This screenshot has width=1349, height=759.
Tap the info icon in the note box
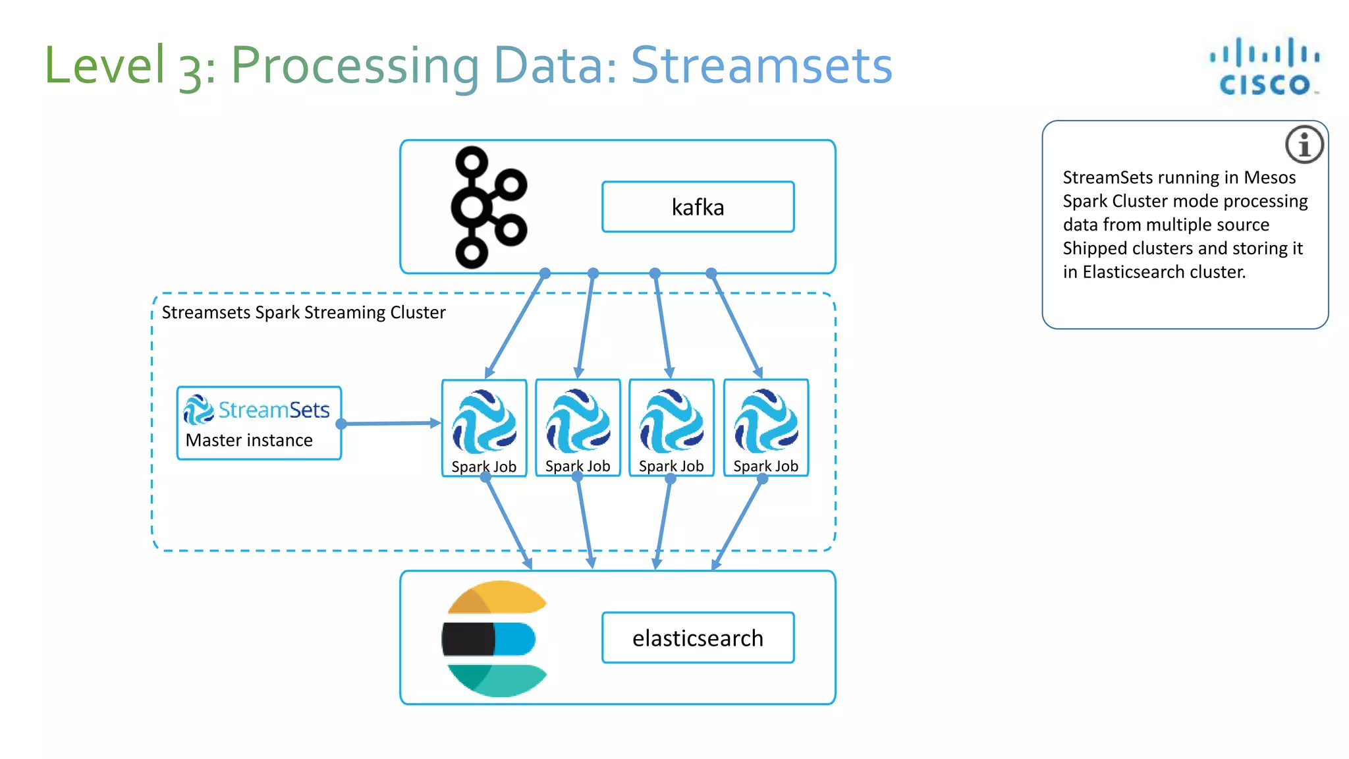1304,144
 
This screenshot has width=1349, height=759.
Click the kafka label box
698,207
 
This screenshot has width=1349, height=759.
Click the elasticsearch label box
698,638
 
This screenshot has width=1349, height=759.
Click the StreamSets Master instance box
259,423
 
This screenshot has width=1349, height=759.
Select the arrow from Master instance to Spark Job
391,423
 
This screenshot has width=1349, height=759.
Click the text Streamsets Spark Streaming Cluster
304,312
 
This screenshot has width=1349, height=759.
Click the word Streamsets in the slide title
761,65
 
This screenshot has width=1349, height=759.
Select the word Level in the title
104,65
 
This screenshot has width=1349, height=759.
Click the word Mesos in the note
1269,178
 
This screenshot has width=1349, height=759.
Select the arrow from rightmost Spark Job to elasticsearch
738,524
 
